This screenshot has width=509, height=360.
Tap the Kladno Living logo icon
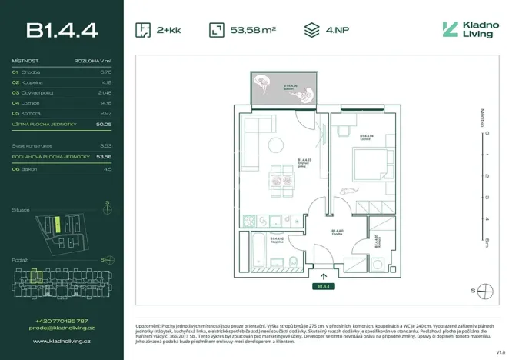(x=450, y=30)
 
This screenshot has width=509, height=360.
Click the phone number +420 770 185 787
(x=62, y=321)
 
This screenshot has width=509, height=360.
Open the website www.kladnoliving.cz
(x=62, y=339)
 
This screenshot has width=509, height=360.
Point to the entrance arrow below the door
(x=322, y=275)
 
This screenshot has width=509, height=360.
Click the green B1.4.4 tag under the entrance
(x=322, y=285)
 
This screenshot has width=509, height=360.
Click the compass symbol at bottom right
(x=485, y=291)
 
